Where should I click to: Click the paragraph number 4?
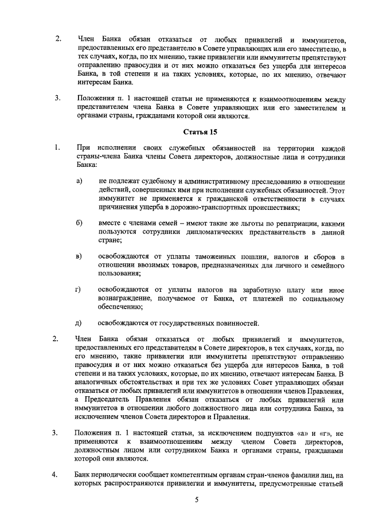pos(56,474)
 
